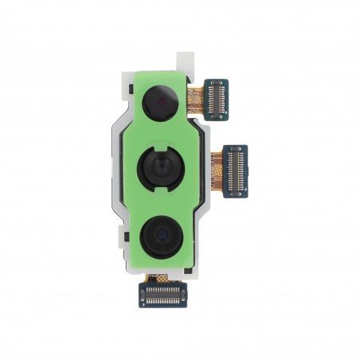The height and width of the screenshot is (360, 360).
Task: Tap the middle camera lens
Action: pos(161,167)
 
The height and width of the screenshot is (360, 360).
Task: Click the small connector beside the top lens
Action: pos(217,99)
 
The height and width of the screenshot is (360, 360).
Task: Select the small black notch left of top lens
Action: pos(134,95)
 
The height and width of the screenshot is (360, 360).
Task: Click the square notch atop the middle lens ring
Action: pos(162,144)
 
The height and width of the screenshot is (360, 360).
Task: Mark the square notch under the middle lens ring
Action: pos(162,192)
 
